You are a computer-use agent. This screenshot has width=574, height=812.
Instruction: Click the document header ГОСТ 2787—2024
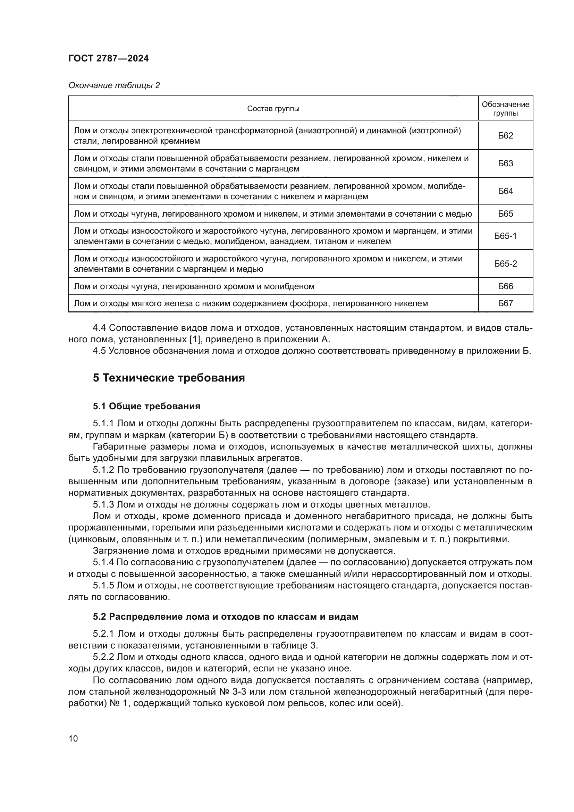pyautogui.click(x=109, y=59)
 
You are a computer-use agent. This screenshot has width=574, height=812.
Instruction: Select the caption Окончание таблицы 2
pyautogui.click(x=114, y=86)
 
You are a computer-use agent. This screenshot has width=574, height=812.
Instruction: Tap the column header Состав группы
pyautogui.click(x=273, y=109)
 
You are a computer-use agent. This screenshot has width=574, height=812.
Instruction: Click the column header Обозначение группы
pyautogui.click(x=505, y=109)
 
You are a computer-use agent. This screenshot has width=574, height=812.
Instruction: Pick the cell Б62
pyautogui.click(x=505, y=136)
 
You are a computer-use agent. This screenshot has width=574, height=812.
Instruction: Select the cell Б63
pyautogui.click(x=505, y=164)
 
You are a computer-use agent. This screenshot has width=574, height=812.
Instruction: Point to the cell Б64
pyautogui.click(x=505, y=191)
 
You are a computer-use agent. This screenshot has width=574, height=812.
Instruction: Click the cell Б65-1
pyautogui.click(x=505, y=236)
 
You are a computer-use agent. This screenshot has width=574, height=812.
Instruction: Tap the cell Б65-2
pyautogui.click(x=505, y=264)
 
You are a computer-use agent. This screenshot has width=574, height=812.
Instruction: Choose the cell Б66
pyautogui.click(x=505, y=286)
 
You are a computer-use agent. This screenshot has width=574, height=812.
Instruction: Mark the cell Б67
pyautogui.click(x=505, y=303)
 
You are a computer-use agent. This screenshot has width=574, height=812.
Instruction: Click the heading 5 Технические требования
pyautogui.click(x=169, y=378)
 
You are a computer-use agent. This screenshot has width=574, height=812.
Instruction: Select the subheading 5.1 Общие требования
pyautogui.click(x=146, y=407)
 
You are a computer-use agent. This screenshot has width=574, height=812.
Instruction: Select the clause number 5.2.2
pyautogui.click(x=103, y=657)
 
